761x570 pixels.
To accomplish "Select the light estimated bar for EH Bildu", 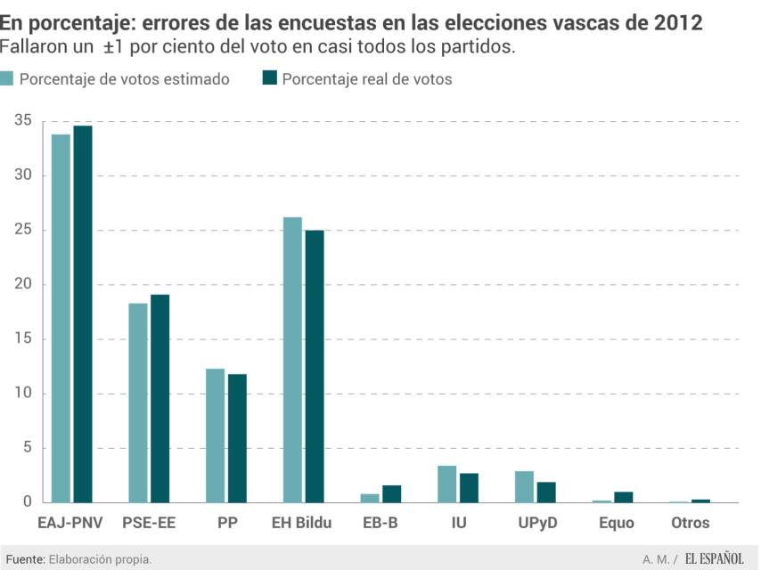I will tap(292, 360).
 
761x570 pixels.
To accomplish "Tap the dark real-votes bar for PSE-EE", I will tap(160, 398).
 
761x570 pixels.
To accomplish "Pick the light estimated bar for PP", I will tap(215, 436).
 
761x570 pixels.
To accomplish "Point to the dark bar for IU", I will tap(469, 488).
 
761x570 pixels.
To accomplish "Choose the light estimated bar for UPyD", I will tap(524, 487).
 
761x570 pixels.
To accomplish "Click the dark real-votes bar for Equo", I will tap(624, 497).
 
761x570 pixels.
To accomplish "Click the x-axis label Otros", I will tap(690, 523).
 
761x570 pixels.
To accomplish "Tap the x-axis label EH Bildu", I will tap(301, 523).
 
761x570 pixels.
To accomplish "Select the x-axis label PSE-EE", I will tap(149, 523).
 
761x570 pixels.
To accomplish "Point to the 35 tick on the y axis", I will tap(23, 121).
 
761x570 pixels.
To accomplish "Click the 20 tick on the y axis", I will tap(23, 284).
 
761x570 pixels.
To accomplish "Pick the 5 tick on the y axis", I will tap(28, 448).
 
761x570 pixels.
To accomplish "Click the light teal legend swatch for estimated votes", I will tap(7, 78).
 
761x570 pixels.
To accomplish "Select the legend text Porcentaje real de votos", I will tap(366, 79).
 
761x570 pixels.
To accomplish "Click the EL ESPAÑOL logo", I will tap(715, 558).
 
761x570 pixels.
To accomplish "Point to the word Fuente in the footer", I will tap(25, 558).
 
